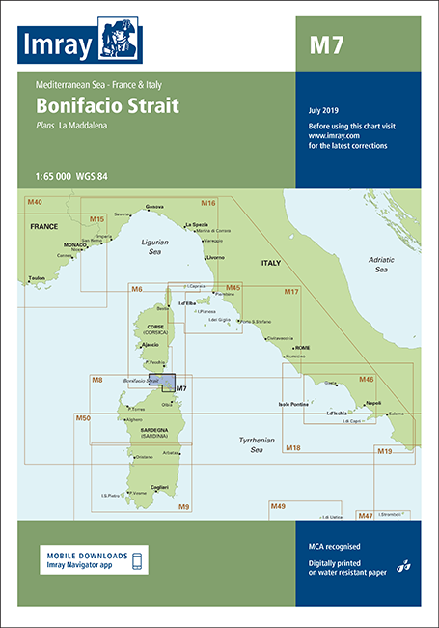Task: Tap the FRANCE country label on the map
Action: [x=45, y=225]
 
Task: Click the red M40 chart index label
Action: [x=36, y=202]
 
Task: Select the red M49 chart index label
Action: [x=278, y=506]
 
